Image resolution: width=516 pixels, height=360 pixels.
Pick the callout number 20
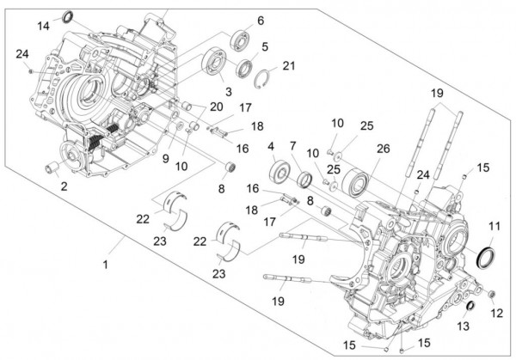[x=217, y=107]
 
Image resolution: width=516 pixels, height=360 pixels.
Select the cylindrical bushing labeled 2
[x=52, y=164]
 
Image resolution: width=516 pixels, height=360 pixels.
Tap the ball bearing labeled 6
[x=240, y=40]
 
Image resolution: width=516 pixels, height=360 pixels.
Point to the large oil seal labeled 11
[x=486, y=256]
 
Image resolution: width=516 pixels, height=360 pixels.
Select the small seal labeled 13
[x=470, y=308]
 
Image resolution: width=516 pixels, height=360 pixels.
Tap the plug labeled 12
[x=490, y=297]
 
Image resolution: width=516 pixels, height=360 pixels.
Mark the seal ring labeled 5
[x=243, y=67]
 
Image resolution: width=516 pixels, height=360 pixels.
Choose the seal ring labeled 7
[x=304, y=180]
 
